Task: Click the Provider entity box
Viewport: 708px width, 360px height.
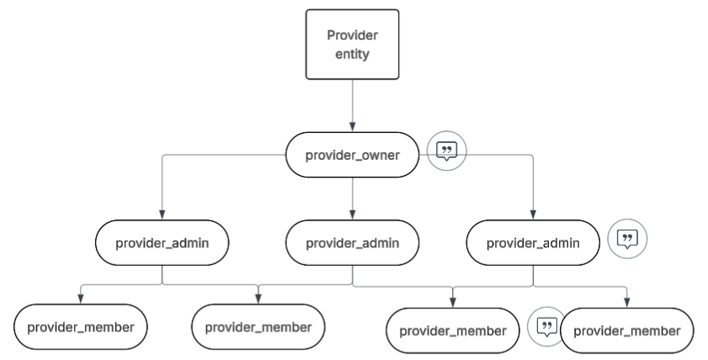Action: pyautogui.click(x=352, y=45)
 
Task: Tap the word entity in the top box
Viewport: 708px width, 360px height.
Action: pyautogui.click(x=352, y=54)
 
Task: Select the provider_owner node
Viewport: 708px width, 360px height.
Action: pyautogui.click(x=352, y=155)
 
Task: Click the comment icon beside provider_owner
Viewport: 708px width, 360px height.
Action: pyautogui.click(x=446, y=151)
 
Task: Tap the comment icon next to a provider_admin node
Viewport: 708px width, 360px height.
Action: pyautogui.click(x=627, y=239)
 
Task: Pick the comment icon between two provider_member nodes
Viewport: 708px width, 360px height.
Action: pyautogui.click(x=546, y=326)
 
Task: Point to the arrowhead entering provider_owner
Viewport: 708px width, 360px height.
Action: pyautogui.click(x=352, y=127)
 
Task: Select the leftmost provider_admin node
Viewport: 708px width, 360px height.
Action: pyautogui.click(x=162, y=243)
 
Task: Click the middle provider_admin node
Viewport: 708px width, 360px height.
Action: pyautogui.click(x=352, y=243)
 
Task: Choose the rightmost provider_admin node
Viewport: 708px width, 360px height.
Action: pyautogui.click(x=533, y=243)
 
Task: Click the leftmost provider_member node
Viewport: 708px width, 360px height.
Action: pyautogui.click(x=80, y=326)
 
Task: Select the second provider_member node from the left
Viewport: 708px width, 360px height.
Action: pyautogui.click(x=258, y=326)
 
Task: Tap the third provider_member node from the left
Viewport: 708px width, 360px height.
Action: pyautogui.click(x=452, y=331)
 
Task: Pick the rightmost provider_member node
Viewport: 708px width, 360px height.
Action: pyautogui.click(x=626, y=331)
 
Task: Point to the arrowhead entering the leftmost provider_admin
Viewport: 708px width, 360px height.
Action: pyautogui.click(x=162, y=214)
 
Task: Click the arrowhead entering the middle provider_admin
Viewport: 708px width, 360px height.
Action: pyautogui.click(x=352, y=214)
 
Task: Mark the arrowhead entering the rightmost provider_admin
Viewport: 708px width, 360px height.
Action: pyautogui.click(x=533, y=214)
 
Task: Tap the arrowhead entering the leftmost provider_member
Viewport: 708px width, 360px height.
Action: pyautogui.click(x=80, y=299)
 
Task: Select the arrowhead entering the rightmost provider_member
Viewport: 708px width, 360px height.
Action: pyautogui.click(x=626, y=303)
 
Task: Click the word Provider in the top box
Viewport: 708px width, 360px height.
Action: pyautogui.click(x=352, y=35)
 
